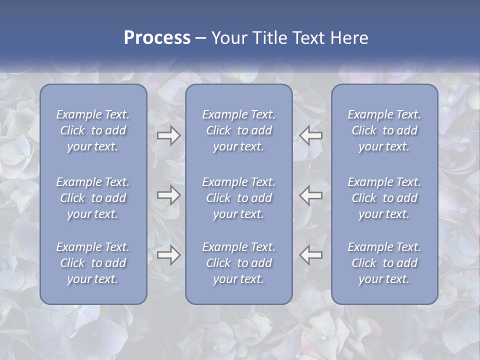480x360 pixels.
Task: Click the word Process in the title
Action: (x=157, y=38)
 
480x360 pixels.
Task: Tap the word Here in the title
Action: (x=349, y=38)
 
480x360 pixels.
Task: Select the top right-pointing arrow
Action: (x=168, y=135)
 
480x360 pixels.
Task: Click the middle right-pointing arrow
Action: (x=168, y=195)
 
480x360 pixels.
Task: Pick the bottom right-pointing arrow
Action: (x=168, y=255)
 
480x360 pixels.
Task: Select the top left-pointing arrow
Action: (x=310, y=135)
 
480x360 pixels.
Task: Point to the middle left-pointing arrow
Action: (x=310, y=195)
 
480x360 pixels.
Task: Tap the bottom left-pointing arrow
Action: (x=310, y=255)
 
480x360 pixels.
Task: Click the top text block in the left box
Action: (x=93, y=130)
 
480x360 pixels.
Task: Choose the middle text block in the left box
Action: (x=93, y=198)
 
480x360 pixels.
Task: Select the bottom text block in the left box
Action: (x=93, y=263)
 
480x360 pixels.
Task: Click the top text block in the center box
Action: (x=239, y=130)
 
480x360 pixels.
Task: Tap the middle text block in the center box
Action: (x=239, y=198)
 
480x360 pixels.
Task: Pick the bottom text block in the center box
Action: (x=239, y=263)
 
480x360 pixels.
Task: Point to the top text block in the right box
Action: (x=384, y=130)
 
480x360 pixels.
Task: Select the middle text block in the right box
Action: (x=384, y=198)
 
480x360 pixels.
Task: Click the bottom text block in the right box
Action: (x=384, y=263)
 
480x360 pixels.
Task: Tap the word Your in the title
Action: (x=229, y=38)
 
